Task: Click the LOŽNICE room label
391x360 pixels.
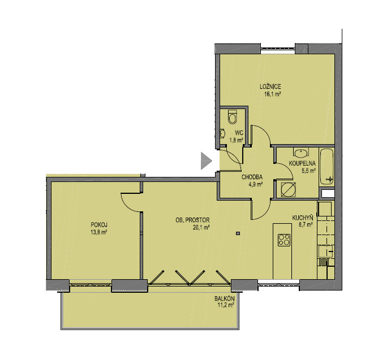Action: [x=270, y=86]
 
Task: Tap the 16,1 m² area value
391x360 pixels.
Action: [x=273, y=94]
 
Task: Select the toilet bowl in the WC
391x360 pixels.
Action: [x=233, y=116]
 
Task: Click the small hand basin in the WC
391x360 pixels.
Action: [x=222, y=133]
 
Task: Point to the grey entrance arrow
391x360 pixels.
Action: [x=207, y=161]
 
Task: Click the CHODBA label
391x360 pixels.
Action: [x=252, y=177]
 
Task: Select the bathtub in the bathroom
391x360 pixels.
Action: [x=326, y=167]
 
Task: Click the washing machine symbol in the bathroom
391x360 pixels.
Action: [x=288, y=190]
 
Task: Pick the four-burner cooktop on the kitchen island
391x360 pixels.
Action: [x=284, y=240]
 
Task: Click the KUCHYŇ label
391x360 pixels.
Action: [x=303, y=218]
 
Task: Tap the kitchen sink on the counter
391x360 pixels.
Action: [x=325, y=251]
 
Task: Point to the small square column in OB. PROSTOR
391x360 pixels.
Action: [x=238, y=233]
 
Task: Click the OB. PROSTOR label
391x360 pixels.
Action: [x=192, y=220]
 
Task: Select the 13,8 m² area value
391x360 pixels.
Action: [x=99, y=232]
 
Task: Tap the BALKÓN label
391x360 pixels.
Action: [x=225, y=298]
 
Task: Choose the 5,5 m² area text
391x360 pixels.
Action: [x=309, y=171]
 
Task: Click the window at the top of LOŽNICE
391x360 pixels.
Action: [x=278, y=49]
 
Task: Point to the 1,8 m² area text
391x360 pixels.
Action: [x=236, y=141]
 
